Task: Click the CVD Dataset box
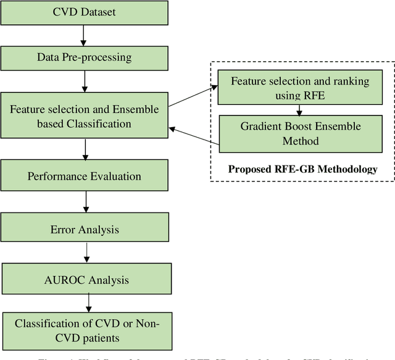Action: [x=85, y=12]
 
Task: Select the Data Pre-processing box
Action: [x=85, y=57]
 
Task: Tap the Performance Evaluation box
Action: [x=85, y=176]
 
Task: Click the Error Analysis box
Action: [x=85, y=230]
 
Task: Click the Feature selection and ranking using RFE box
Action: [x=299, y=88]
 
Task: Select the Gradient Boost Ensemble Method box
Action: [x=299, y=133]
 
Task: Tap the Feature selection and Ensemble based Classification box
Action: [x=85, y=116]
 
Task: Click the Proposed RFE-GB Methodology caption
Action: [x=302, y=169]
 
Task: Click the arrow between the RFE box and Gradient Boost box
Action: [x=299, y=110]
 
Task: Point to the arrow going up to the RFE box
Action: [x=192, y=98]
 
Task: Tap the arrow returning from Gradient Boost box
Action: [x=194, y=137]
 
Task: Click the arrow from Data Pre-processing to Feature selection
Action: [x=85, y=80]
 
